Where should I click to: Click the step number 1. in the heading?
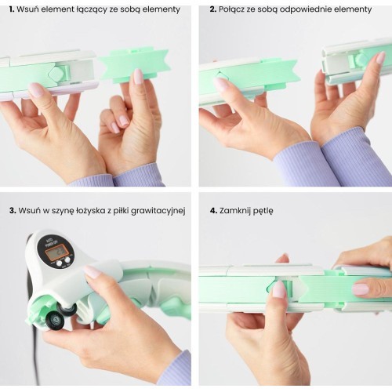pos(12,9)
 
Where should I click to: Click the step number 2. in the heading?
pos(213,9)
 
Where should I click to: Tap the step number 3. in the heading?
pos(13,211)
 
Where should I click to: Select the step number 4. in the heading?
pos(213,211)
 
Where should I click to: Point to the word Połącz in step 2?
pos(232,10)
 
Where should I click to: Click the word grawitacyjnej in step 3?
pos(158,211)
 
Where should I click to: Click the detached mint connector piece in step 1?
pos(134,64)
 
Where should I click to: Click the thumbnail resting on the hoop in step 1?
pos(37,89)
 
